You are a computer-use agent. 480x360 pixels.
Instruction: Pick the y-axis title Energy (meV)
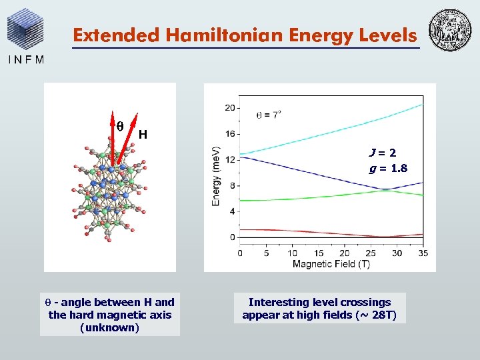pos(216,175)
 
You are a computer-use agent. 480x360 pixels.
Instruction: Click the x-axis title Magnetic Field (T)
pos(332,264)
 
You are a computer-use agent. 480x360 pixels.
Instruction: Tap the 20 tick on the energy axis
pos(229,108)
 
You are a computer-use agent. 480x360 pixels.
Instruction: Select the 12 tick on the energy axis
pos(229,160)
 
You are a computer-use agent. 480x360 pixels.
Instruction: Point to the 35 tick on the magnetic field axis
pos(423,253)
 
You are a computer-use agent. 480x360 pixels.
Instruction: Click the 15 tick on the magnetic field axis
pos(319,253)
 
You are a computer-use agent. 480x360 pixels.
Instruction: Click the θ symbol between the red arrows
pos(120,125)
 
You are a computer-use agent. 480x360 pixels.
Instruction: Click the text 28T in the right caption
pos(382,315)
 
